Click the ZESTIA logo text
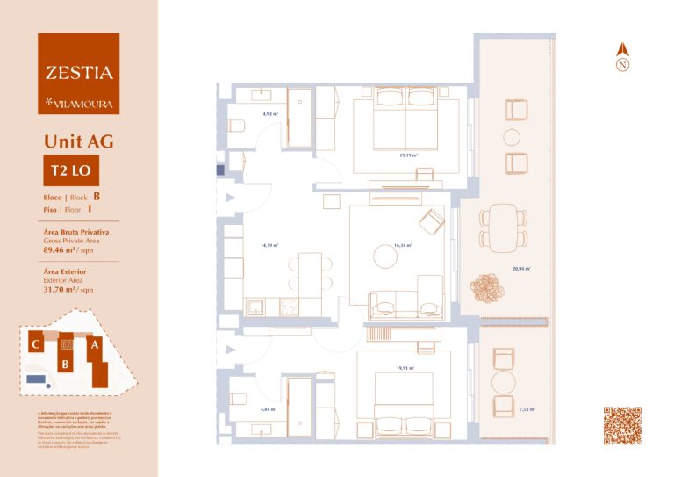click(79, 73)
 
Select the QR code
click(622, 425)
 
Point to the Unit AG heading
click(78, 141)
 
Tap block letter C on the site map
click(35, 345)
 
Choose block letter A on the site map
click(93, 346)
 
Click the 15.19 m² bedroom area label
click(407, 155)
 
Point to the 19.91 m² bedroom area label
click(405, 369)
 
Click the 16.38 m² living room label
click(403, 246)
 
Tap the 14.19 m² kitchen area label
click(269, 246)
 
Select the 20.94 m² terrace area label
click(521, 270)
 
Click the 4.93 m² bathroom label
click(270, 114)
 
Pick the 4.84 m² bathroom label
click(268, 409)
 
